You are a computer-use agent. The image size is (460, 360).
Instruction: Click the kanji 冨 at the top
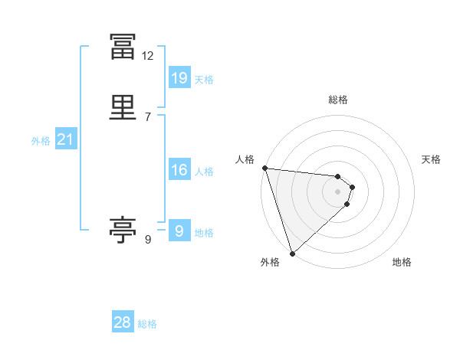point(123,47)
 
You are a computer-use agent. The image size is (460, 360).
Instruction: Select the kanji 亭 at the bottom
point(123,229)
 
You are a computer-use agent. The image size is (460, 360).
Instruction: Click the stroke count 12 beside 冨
point(147,56)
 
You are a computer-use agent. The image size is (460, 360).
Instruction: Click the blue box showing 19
point(179,78)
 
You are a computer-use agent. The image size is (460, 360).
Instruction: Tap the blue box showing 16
point(179,171)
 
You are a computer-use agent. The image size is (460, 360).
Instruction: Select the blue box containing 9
point(179,231)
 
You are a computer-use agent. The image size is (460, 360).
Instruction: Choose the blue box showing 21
point(65,140)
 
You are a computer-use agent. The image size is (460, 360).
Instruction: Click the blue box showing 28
point(123,322)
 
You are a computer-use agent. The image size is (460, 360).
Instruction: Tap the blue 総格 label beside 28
point(147,324)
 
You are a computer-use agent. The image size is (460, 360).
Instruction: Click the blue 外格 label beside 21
point(41,141)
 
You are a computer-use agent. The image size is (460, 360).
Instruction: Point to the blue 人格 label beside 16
point(204,172)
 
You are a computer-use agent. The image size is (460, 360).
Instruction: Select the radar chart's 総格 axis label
point(337,100)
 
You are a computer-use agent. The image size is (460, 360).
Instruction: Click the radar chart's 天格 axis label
point(431,159)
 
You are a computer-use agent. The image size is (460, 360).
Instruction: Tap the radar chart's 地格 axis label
point(401,263)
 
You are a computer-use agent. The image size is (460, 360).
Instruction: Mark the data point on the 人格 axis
point(264,168)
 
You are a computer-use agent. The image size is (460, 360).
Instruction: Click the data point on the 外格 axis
point(292,253)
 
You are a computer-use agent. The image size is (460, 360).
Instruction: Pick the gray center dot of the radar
point(337,191)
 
